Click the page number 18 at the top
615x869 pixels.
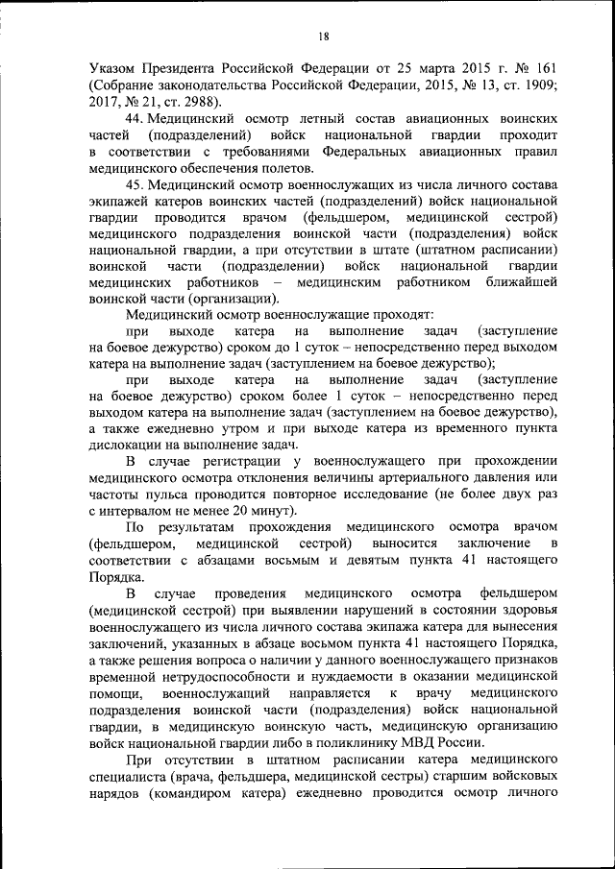pos(323,36)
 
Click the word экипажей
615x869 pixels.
pos(115,199)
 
